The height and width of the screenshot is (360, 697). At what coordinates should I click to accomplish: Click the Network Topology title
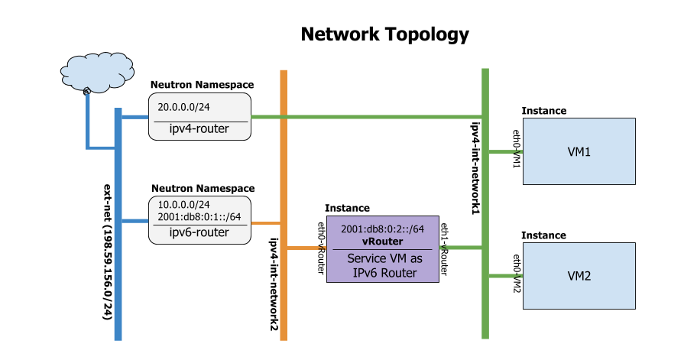point(384,34)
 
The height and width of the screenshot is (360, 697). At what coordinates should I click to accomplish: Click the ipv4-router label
point(199,130)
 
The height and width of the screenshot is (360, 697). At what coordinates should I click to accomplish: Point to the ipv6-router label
point(199,232)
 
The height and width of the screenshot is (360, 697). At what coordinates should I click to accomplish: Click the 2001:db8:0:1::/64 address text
point(199,217)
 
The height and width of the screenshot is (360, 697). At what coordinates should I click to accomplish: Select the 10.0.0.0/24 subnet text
point(183,205)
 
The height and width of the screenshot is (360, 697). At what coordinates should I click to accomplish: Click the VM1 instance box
point(579,151)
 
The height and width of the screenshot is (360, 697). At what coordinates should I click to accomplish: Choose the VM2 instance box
point(579,275)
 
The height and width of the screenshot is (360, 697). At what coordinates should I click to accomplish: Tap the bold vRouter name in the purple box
point(382,241)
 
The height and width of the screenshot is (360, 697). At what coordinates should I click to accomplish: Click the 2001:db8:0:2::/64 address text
point(382,229)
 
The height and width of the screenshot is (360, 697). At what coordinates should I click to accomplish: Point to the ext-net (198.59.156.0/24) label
point(107,251)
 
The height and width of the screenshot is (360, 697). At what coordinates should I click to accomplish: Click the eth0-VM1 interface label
point(517,156)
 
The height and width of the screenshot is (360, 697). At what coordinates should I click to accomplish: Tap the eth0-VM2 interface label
point(517,274)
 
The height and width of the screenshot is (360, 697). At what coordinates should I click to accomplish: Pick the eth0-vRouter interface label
point(322,248)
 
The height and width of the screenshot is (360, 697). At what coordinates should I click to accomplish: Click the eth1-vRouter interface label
point(444,248)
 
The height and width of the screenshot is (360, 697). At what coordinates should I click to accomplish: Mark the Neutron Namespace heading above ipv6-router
point(203,188)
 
